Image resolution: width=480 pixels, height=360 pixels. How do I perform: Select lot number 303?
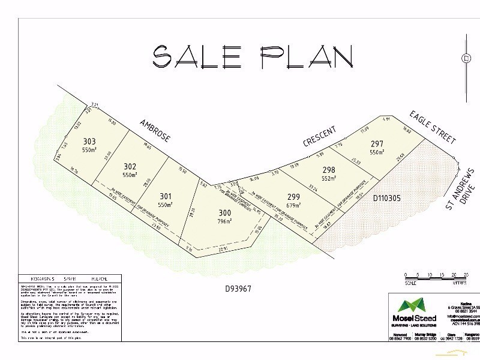click(89, 142)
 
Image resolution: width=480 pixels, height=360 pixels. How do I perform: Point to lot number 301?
click(166, 196)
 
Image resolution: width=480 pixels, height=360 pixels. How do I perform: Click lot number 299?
click(294, 196)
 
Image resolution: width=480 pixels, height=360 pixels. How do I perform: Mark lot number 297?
click(377, 143)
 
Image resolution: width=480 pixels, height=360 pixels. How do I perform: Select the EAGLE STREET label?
click(433, 127)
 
